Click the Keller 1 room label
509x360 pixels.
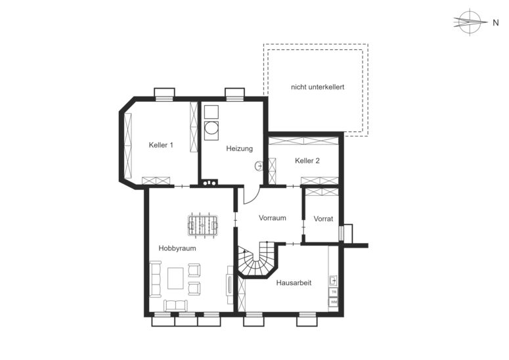[161, 145]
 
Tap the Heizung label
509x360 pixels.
[239, 148]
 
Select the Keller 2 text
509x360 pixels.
[307, 160]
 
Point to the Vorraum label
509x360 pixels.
[273, 218]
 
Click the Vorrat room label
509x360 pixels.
[323, 219]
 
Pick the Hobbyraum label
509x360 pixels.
[177, 248]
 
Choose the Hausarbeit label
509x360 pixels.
[294, 282]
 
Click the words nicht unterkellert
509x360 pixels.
[317, 87]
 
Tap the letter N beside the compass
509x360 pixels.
[495, 23]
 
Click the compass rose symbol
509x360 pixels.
[470, 22]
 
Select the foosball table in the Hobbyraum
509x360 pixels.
[203, 225]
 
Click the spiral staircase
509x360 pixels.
[257, 259]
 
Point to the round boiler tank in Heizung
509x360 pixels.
[211, 129]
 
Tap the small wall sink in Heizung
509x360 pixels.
[259, 166]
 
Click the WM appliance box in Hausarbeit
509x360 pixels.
[334, 302]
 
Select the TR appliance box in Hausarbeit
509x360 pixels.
[334, 292]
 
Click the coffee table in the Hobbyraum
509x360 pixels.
[175, 278]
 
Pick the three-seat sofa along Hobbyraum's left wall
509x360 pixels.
[156, 279]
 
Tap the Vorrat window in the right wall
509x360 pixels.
[341, 233]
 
